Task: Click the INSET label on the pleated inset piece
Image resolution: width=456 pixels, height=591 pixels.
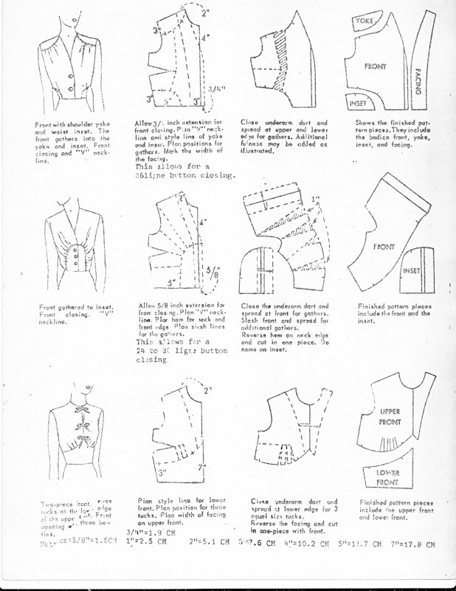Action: pos(412,272)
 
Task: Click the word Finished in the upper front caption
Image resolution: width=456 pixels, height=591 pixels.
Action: pos(373,501)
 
